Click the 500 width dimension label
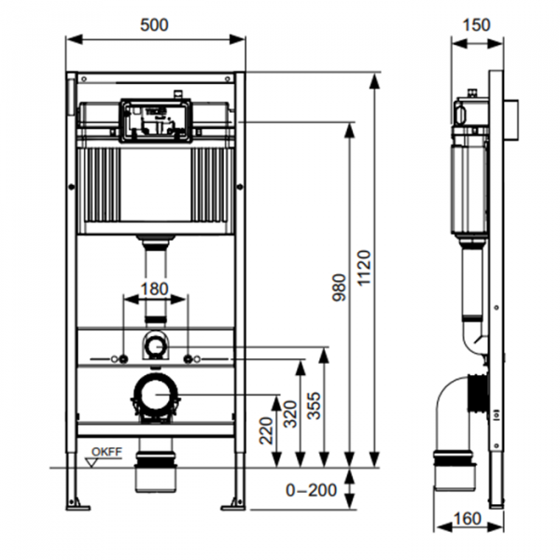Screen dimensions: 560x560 [x=156, y=25]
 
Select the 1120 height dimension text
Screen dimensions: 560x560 [x=364, y=266]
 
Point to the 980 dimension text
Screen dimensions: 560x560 [x=338, y=287]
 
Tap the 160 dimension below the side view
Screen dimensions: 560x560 [x=469, y=517]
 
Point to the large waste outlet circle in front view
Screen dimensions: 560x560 [x=154, y=399]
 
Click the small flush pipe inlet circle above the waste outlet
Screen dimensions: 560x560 [x=154, y=348]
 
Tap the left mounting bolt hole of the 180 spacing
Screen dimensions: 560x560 [x=121, y=358]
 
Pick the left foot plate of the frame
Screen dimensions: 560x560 [x=77, y=506]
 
